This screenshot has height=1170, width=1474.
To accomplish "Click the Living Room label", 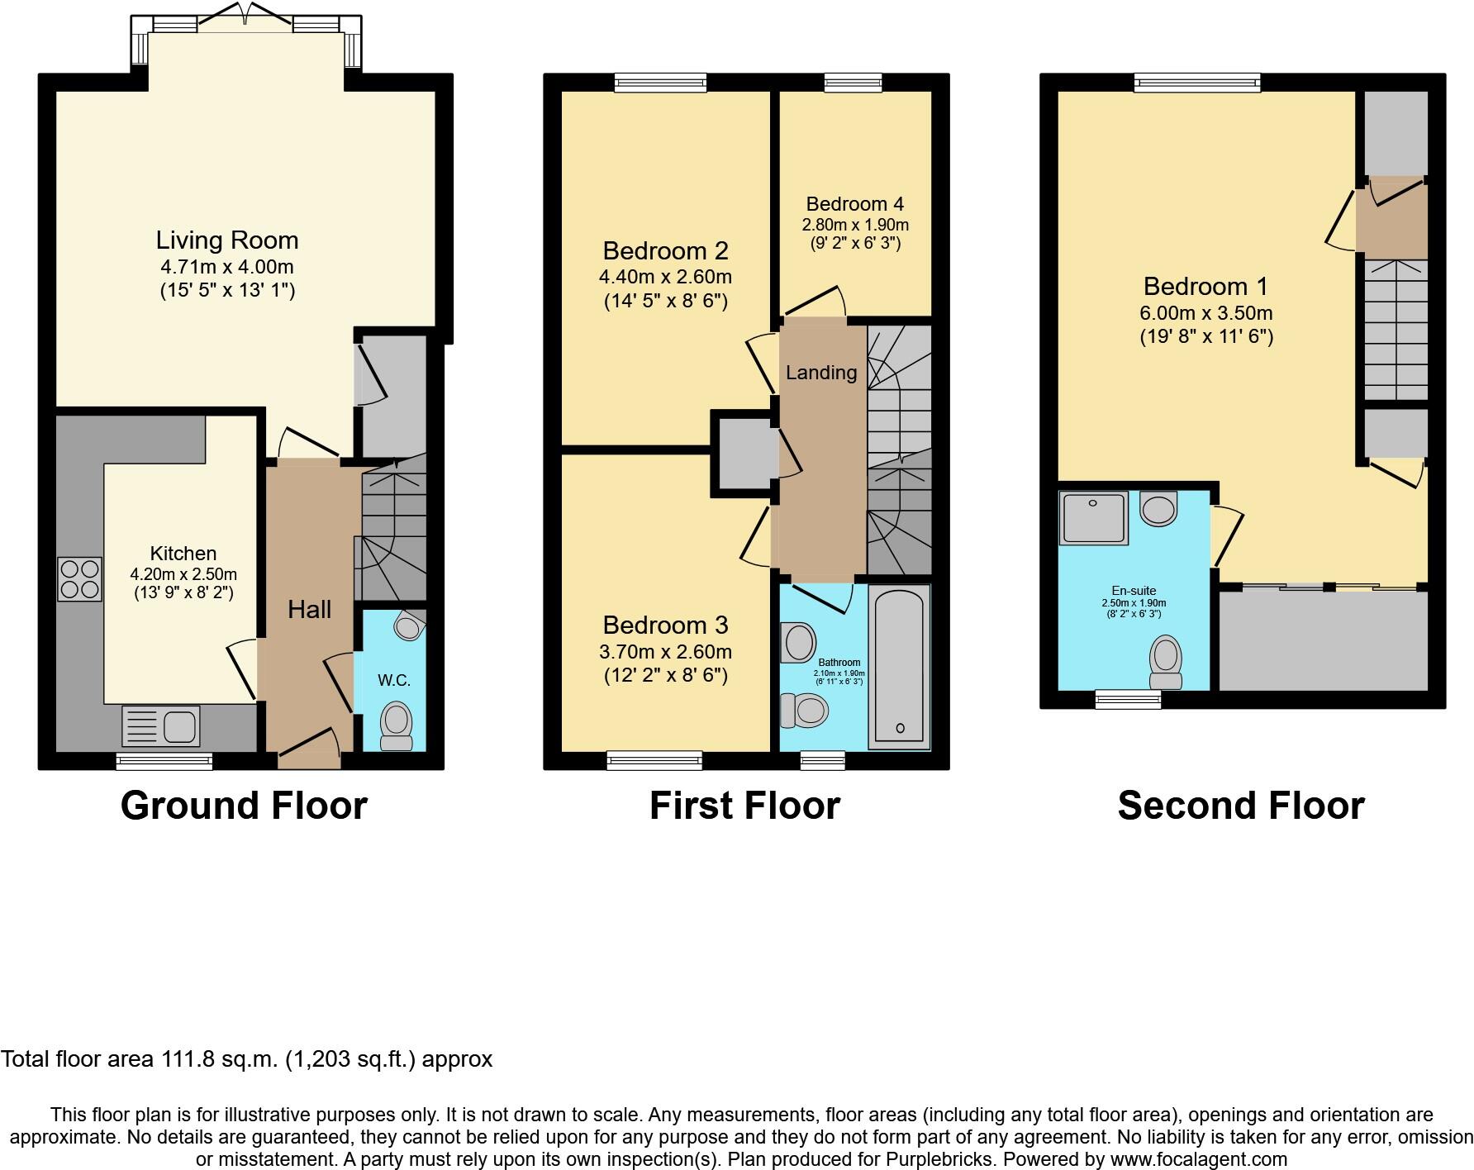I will pos(226,240).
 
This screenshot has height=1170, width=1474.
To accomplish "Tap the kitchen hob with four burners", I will pos(79,579).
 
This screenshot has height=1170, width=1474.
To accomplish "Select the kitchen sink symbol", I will pos(161,726).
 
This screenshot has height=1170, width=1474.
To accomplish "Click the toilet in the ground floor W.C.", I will pos(397,725).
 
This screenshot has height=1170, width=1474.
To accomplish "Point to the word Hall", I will pos(309,610).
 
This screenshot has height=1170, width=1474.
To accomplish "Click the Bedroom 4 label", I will pos(854,204).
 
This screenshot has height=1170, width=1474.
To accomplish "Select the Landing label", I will pos(820,373).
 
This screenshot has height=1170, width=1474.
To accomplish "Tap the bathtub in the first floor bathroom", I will pos(899,665).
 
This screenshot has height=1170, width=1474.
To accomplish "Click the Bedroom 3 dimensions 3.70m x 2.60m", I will pos(665,652).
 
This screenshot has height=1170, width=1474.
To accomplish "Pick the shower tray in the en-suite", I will pos(1094,518).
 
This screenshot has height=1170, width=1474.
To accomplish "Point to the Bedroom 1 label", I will pos(1205,287).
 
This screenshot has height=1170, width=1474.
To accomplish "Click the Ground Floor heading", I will pos(244,806).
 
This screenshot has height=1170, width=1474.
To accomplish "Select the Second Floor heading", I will pos(1240,806).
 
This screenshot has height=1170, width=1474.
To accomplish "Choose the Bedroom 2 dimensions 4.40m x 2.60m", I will pos(665,277).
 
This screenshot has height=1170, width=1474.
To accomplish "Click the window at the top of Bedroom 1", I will pos(1196,82).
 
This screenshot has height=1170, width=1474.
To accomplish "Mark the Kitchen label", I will pos(183,554).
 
